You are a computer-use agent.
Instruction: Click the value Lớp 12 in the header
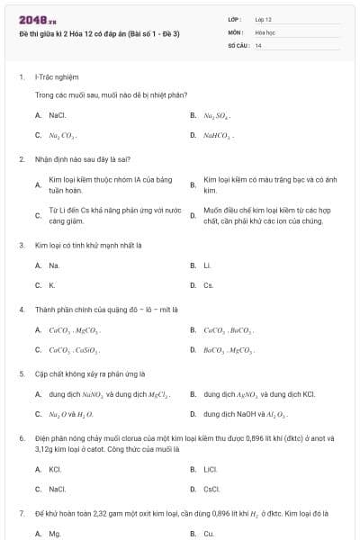263,19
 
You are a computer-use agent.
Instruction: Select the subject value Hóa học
264,31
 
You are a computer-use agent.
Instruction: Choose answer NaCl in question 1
58,115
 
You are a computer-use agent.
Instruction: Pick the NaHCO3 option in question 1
218,136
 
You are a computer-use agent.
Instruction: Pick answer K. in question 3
52,285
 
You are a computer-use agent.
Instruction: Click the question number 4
21,309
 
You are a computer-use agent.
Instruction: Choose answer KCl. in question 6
55,469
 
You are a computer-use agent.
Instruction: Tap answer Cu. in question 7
208,534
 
